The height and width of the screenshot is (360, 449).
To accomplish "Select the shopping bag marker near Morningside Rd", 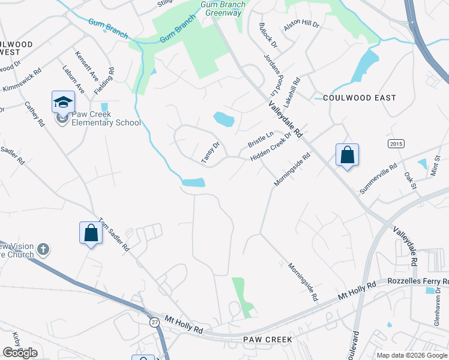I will click(x=347, y=155).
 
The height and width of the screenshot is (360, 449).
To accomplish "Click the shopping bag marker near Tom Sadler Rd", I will click(x=91, y=233).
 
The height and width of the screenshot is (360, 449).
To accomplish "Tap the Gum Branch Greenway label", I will click(x=223, y=8).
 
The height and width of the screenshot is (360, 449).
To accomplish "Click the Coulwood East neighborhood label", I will click(x=360, y=98).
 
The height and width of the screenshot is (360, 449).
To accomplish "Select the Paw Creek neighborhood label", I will click(x=268, y=340).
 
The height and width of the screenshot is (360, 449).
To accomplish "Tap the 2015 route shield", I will click(x=395, y=143).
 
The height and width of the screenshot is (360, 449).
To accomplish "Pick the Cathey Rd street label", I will click(x=35, y=113).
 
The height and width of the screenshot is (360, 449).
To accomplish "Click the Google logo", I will click(x=20, y=353).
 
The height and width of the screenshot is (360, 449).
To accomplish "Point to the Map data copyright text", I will click(x=412, y=355).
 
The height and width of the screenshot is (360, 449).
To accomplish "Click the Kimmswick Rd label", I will click(x=22, y=80).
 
